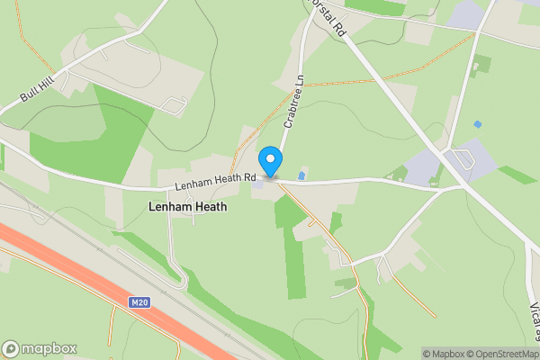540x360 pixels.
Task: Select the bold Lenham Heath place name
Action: (x=186, y=207)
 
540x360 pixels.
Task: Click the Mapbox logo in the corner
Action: (x=39, y=348)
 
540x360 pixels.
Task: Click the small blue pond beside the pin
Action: (x=301, y=174)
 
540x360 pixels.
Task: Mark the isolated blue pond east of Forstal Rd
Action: (x=477, y=123)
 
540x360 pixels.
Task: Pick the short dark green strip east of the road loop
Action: (x=517, y=174)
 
